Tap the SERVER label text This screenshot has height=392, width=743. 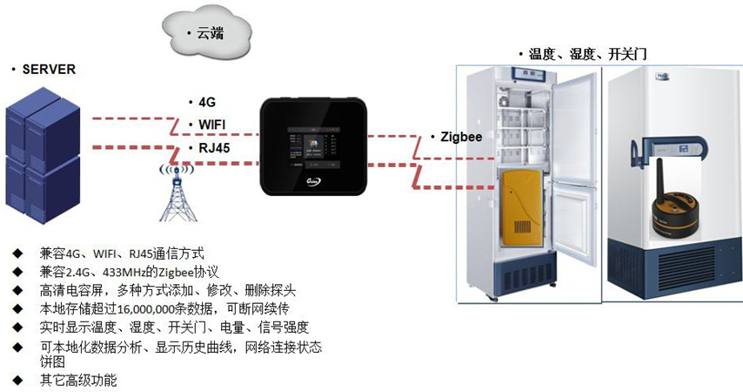[49, 69]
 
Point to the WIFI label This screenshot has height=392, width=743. [212, 125]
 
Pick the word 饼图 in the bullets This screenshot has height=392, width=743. [51, 361]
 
